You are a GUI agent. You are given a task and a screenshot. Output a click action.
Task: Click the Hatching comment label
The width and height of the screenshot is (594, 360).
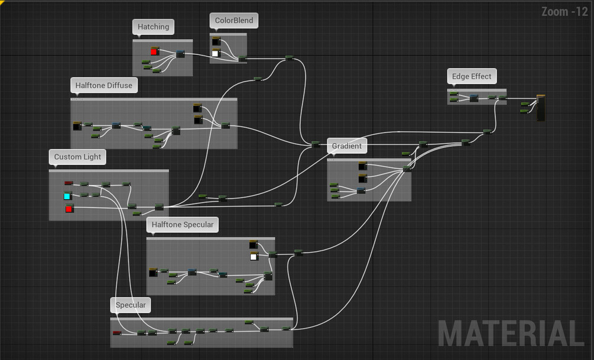pyautogui.click(x=153, y=27)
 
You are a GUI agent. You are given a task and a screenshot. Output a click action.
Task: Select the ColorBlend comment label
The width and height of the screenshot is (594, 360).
pyautogui.click(x=233, y=20)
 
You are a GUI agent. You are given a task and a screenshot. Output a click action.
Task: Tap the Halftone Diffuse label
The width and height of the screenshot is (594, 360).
pyautogui.click(x=104, y=85)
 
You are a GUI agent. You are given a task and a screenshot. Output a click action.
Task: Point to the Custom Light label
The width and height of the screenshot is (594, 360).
pyautogui.click(x=77, y=157)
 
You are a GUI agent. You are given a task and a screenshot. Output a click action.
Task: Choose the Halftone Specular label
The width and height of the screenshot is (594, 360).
pyautogui.click(x=182, y=225)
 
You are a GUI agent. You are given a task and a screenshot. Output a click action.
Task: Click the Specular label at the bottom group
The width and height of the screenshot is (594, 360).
pyautogui.click(x=130, y=305)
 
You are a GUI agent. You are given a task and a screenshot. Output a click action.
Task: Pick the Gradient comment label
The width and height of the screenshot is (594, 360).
pyautogui.click(x=346, y=146)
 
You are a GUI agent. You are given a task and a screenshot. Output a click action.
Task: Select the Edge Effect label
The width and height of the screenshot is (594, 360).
pyautogui.click(x=472, y=76)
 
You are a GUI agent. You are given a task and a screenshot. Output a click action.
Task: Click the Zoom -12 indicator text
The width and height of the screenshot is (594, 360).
pyautogui.click(x=564, y=12)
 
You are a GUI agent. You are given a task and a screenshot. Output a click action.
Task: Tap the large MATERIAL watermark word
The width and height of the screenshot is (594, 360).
pyautogui.click(x=511, y=334)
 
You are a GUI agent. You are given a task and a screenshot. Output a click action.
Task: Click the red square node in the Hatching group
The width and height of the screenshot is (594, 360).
pyautogui.click(x=154, y=52)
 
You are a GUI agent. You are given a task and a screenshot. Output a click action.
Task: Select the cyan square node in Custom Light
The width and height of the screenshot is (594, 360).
pyautogui.click(x=67, y=196)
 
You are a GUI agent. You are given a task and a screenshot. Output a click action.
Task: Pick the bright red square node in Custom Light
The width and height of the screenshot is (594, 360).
pyautogui.click(x=69, y=209)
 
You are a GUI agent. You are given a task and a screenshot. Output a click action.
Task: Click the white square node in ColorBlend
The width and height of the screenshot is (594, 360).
pyautogui.click(x=215, y=54)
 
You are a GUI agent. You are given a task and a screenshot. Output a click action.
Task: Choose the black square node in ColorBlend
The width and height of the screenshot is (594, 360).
pyautogui.click(x=216, y=41)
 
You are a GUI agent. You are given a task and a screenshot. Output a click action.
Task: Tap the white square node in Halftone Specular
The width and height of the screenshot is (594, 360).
pyautogui.click(x=254, y=257)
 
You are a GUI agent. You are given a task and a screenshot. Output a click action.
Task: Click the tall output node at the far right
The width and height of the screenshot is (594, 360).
pyautogui.click(x=541, y=108)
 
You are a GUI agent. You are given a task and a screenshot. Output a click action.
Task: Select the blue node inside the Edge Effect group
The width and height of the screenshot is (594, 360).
pyautogui.click(x=473, y=98)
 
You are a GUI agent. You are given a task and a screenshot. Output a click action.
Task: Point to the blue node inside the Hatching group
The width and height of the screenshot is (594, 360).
pyautogui.click(x=180, y=54)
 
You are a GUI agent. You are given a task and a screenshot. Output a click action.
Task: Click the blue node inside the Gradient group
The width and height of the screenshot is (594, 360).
pyautogui.click(x=361, y=190)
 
